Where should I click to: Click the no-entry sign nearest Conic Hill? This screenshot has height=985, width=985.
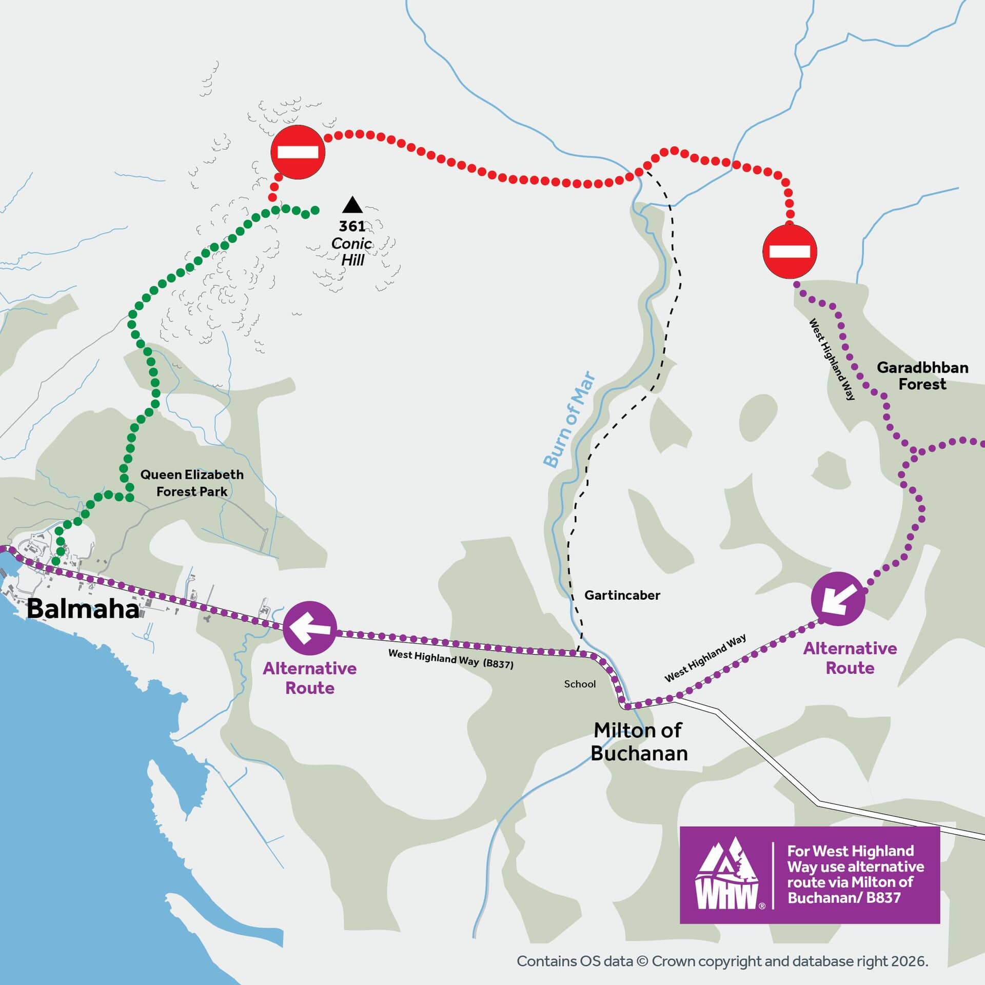298,152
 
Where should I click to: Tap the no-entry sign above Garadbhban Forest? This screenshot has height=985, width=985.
789,251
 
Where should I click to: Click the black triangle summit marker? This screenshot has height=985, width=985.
352,205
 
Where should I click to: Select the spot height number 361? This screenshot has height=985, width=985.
352,226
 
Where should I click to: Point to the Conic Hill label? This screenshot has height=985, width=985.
352,251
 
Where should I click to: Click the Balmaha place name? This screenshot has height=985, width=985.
82,609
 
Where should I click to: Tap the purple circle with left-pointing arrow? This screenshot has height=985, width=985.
310,628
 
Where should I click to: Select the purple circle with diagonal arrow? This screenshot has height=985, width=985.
838,599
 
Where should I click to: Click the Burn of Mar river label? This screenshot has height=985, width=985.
569,420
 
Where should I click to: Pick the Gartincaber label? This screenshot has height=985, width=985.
622,595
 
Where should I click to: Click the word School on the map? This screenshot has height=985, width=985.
580,684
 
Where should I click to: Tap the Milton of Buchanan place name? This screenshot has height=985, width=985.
638,741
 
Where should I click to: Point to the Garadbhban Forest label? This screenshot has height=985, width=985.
922,376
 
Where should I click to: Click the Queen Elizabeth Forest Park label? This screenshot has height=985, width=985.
192,483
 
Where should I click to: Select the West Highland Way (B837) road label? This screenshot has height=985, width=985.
450,659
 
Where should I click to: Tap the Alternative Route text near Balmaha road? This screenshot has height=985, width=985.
310,678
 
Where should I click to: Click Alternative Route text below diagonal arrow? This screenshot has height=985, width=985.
850,658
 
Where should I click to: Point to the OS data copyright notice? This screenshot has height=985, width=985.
722,961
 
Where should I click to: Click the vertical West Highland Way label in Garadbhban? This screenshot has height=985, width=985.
832,359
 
